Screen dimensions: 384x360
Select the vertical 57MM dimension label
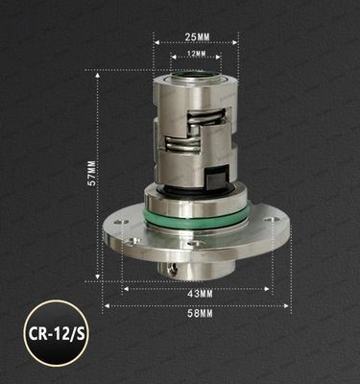click(x=90, y=174)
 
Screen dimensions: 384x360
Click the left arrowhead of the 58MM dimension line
click(x=106, y=306)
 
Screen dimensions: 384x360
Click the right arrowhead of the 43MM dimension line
click(x=271, y=285)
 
